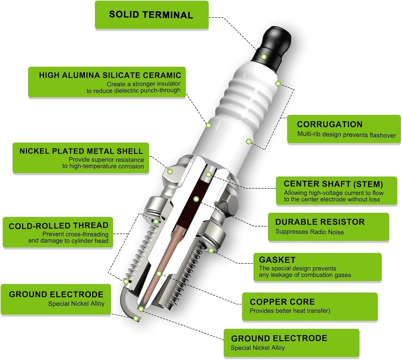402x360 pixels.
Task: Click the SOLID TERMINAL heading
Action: [151, 15]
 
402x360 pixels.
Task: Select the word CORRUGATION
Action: [329, 124]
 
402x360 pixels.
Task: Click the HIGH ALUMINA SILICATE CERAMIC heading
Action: [110, 75]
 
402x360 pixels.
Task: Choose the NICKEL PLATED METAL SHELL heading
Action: [81, 151]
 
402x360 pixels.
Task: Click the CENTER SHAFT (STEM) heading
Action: [333, 184]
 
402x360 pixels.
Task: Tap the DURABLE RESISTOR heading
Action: [320, 222]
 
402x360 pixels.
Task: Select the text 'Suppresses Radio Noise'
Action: [309, 232]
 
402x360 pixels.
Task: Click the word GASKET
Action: [277, 259]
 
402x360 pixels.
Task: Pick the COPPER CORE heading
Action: [282, 302]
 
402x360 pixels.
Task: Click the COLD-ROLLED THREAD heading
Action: [58, 225]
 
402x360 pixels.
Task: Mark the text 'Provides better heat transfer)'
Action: [290, 311]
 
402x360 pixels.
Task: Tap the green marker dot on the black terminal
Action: [264, 57]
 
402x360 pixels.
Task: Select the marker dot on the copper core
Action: [159, 273]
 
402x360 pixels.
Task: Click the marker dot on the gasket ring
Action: [211, 250]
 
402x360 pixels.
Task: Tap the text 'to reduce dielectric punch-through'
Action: [133, 90]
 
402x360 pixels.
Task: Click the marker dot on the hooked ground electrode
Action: [136, 318]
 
